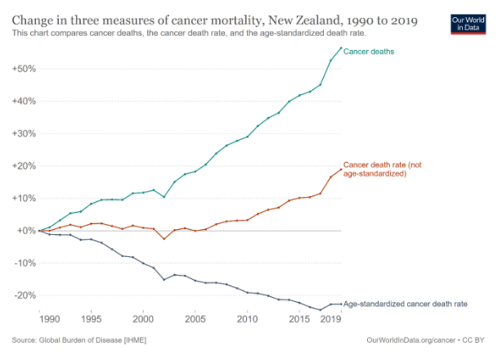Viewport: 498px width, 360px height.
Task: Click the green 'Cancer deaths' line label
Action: tap(370, 52)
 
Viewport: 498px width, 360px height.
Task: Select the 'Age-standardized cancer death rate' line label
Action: tap(406, 304)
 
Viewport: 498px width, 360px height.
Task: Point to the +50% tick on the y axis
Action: tap(23, 69)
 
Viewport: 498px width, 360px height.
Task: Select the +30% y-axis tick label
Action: tap(23, 133)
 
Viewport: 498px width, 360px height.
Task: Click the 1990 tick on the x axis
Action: tap(50, 318)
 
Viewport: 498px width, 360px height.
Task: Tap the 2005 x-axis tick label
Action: tap(195, 318)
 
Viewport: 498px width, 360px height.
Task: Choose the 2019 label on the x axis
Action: tap(330, 318)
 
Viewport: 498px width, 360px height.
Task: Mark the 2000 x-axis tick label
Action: tap(144, 318)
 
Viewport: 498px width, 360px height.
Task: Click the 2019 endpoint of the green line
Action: tap(341, 48)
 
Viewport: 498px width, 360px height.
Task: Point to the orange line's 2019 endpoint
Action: tap(341, 169)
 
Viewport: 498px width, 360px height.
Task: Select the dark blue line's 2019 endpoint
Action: tap(341, 304)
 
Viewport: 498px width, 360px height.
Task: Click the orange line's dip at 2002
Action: tap(164, 239)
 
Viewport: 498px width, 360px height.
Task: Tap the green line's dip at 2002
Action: tap(164, 197)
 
